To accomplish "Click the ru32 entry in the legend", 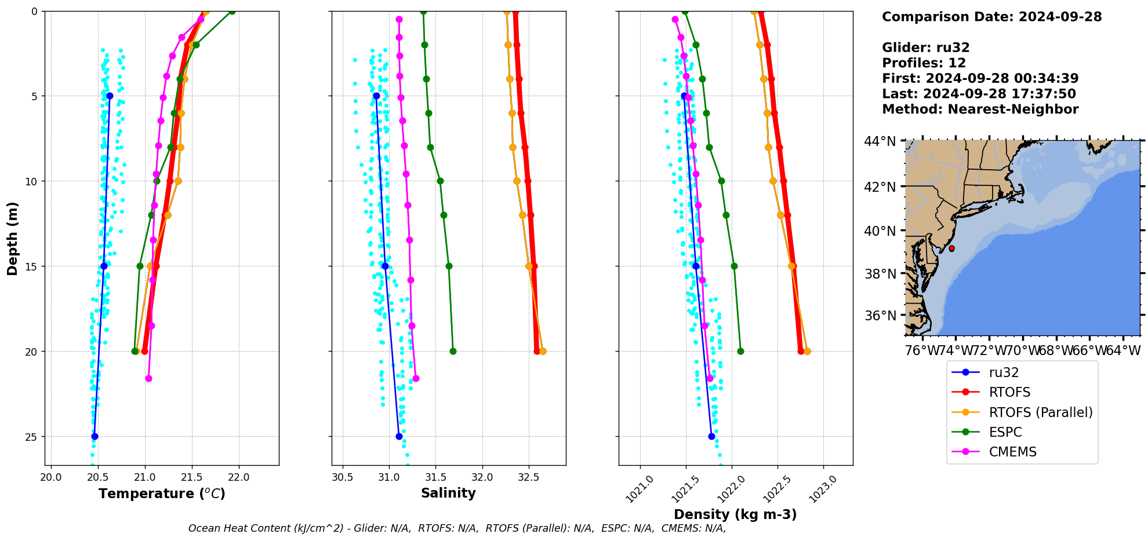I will [1004, 373].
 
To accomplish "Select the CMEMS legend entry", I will [1012, 452].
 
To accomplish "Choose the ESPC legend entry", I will [1005, 433].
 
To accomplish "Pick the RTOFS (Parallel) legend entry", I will [1040, 412].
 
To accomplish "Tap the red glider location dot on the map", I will [951, 248].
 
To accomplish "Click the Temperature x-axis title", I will [162, 494].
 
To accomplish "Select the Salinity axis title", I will [448, 493].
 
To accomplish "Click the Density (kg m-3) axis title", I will [735, 514].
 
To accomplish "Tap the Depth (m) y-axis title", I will [13, 238].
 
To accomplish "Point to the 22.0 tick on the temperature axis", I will [239, 478].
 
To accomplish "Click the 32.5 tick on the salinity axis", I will [529, 478].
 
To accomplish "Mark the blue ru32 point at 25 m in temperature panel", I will [95, 437].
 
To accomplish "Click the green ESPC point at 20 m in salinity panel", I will [453, 352].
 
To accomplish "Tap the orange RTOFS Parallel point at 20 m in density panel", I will [807, 352].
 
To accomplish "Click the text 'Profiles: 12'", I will [924, 63].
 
